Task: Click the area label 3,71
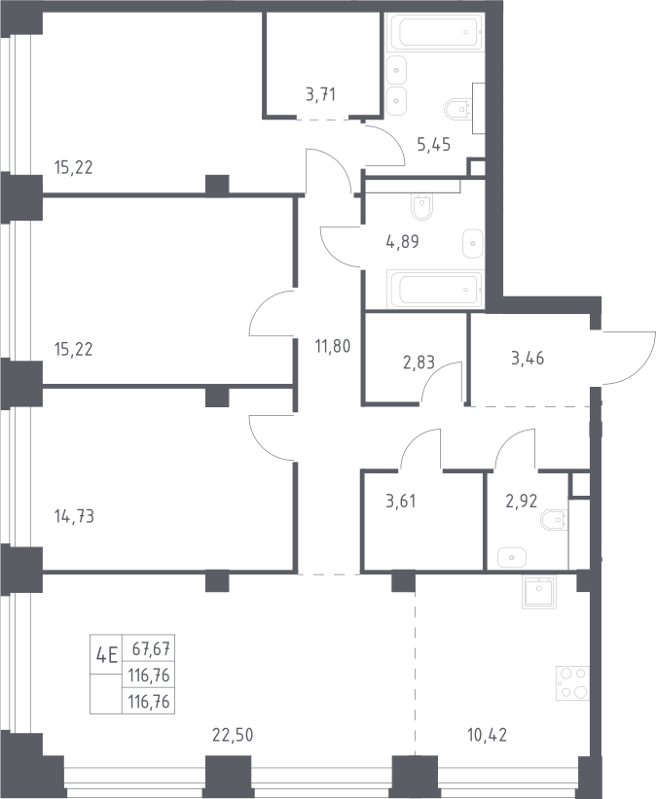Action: [x=320, y=95]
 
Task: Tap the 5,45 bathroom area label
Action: [x=433, y=145]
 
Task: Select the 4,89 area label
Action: [x=403, y=241]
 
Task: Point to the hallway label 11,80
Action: [x=333, y=346]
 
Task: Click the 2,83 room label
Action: [x=419, y=363]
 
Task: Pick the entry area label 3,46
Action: [x=528, y=359]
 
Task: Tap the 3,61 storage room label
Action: [x=400, y=501]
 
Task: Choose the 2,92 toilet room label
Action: [x=522, y=501]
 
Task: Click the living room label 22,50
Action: [x=233, y=735]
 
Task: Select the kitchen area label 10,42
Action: [x=488, y=735]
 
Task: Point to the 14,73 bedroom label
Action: [x=74, y=516]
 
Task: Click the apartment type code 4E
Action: [x=107, y=654]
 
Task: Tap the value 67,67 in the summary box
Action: [x=151, y=649]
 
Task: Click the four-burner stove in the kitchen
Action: [x=572, y=682]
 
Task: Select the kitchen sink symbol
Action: [x=538, y=591]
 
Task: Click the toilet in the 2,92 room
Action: [x=554, y=520]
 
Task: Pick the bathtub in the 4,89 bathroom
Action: [x=435, y=290]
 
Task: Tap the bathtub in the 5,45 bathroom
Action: [x=435, y=32]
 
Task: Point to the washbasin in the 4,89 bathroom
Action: [x=473, y=244]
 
